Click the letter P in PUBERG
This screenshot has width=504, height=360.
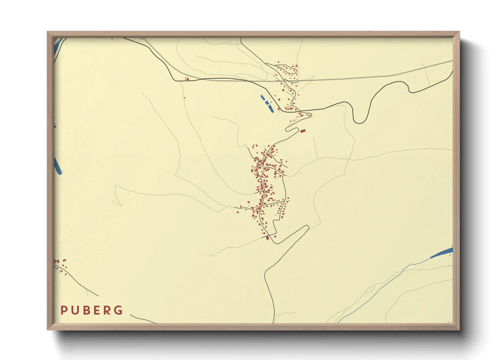[x=63, y=310]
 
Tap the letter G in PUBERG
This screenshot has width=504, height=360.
[x=118, y=310]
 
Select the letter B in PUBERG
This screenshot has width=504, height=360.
[x=85, y=310]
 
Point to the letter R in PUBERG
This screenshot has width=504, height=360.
[x=107, y=310]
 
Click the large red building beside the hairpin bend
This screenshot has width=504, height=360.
[x=303, y=131]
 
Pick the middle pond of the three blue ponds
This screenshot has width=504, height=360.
[x=266, y=102]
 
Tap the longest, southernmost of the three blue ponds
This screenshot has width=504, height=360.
[x=271, y=109]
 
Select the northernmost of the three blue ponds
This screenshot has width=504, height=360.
[x=263, y=97]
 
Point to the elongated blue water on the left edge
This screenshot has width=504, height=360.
[x=58, y=166]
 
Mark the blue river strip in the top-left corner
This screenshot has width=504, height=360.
[x=57, y=46]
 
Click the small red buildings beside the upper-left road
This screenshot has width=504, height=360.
[x=187, y=79]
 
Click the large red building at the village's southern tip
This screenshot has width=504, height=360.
[x=267, y=238]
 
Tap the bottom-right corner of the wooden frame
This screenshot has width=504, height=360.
[x=459, y=330]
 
